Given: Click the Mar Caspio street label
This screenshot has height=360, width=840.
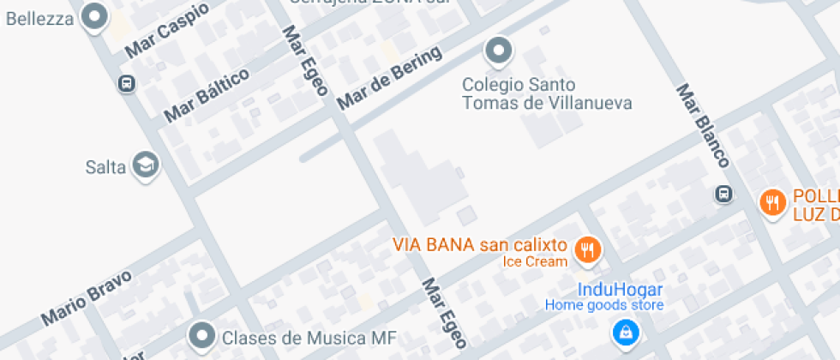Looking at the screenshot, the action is (167, 31).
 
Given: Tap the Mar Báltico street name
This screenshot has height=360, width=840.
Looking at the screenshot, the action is (207, 94).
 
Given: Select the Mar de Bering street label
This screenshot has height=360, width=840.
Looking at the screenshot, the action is (390, 78).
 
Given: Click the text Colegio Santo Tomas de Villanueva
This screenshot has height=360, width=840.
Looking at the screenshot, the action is (547, 94).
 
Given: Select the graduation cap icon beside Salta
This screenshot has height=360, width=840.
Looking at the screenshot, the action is (147, 165).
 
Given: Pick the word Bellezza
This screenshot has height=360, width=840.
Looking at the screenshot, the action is (39, 19).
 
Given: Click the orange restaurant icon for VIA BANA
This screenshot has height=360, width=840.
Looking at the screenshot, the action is (588, 249).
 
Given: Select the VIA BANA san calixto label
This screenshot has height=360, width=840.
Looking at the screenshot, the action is (480, 244).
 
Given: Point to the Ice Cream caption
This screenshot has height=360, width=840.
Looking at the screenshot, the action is (535, 261).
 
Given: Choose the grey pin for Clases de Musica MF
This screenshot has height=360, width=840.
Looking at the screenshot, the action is (202, 336).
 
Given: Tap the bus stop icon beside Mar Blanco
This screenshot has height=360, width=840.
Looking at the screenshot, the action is (724, 195).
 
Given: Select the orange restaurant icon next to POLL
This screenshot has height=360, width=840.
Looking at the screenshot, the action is (773, 202).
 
